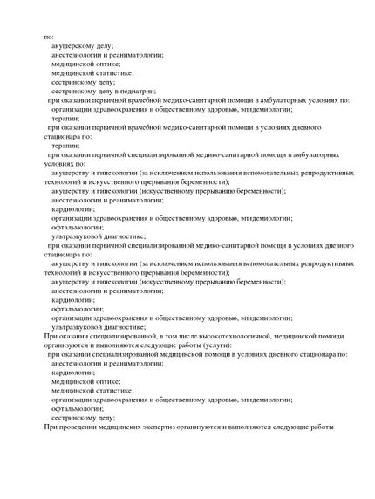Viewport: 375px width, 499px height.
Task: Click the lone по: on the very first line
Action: (x=48, y=36)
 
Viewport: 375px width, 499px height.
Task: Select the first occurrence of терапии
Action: (x=66, y=118)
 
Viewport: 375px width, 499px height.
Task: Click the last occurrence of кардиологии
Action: (x=73, y=372)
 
